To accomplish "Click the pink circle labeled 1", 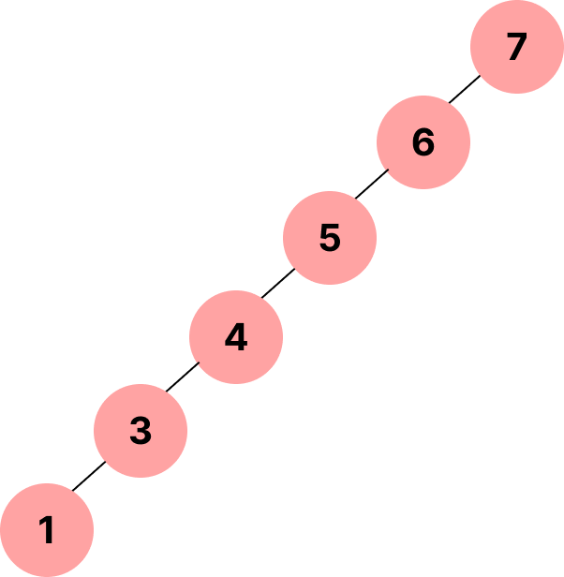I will (47, 530).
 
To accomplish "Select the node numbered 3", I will (141, 431).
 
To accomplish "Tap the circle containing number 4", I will (236, 337).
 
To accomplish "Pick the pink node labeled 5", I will (330, 238).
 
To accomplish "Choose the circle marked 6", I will (423, 142).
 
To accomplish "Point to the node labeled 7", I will (517, 47).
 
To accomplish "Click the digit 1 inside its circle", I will (47, 531).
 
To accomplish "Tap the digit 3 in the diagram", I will (141, 431).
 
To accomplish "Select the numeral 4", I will (236, 337).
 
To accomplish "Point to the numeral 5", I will (330, 238).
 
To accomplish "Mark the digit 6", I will (423, 142).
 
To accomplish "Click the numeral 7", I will (517, 47).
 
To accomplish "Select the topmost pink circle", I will (517, 47).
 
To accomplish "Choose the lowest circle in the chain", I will (47, 530).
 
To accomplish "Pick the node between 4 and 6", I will (330, 238).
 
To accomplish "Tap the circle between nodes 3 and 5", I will (236, 337).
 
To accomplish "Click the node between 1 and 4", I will (141, 431).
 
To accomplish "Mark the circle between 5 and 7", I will (423, 142).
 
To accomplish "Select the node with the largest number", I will (517, 47).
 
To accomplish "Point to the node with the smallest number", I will (47, 530).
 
